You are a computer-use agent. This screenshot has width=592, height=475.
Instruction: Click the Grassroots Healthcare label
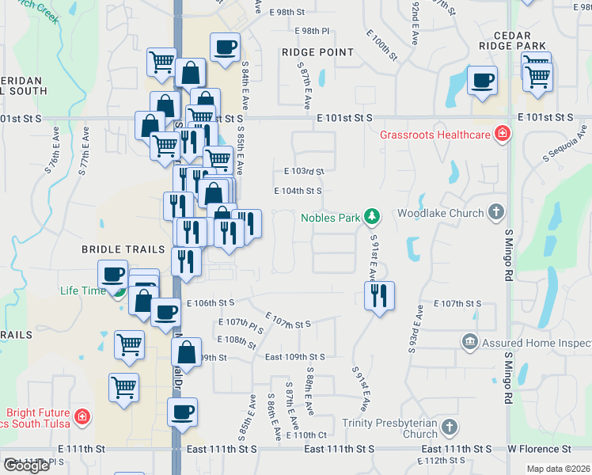pyautogui.click(x=435, y=135)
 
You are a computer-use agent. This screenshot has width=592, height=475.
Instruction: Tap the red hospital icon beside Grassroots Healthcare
pyautogui.click(x=502, y=134)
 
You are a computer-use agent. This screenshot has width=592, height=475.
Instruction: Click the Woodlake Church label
pyautogui.click(x=440, y=213)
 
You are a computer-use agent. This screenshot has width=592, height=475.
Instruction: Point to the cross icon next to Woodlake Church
pyautogui.click(x=496, y=212)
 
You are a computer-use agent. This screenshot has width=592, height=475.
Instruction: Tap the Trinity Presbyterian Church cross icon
pyautogui.click(x=449, y=427)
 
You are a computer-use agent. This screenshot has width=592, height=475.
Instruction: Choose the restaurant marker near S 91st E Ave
pyautogui.click(x=379, y=295)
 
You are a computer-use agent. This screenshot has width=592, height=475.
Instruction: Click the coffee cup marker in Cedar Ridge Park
pyautogui.click(x=482, y=80)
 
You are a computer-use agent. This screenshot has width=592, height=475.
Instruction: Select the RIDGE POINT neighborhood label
pyautogui.click(x=317, y=52)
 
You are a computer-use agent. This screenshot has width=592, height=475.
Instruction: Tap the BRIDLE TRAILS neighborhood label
pyautogui.click(x=123, y=249)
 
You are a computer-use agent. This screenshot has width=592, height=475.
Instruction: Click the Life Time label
pyautogui.click(x=82, y=291)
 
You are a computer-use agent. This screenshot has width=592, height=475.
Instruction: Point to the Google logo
pyautogui.click(x=26, y=465)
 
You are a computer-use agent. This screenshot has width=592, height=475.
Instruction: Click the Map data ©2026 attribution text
pyautogui.click(x=559, y=469)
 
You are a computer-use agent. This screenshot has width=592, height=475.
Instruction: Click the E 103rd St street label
pyautogui.click(x=304, y=171)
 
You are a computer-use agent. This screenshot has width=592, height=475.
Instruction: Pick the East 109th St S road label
pyautogui.click(x=295, y=358)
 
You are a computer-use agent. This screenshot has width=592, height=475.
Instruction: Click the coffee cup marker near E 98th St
pyautogui.click(x=225, y=47)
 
